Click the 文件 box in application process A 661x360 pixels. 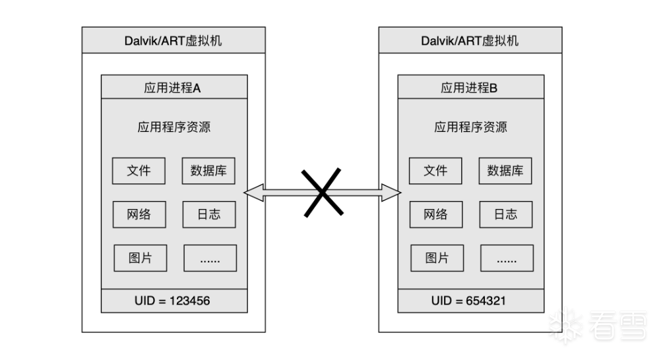139,171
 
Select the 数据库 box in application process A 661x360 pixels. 208,171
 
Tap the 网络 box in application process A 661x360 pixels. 139,214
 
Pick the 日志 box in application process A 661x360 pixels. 208,214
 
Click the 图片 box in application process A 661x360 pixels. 140,258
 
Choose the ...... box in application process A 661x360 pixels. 209,258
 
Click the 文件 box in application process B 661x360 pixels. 435,171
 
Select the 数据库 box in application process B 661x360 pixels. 505,171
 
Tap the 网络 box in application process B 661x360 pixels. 435,214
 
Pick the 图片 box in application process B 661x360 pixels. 437,258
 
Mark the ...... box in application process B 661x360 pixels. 507,258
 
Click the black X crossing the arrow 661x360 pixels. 323,192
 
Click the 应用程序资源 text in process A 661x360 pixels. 173,127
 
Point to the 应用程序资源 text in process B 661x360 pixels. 470,127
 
